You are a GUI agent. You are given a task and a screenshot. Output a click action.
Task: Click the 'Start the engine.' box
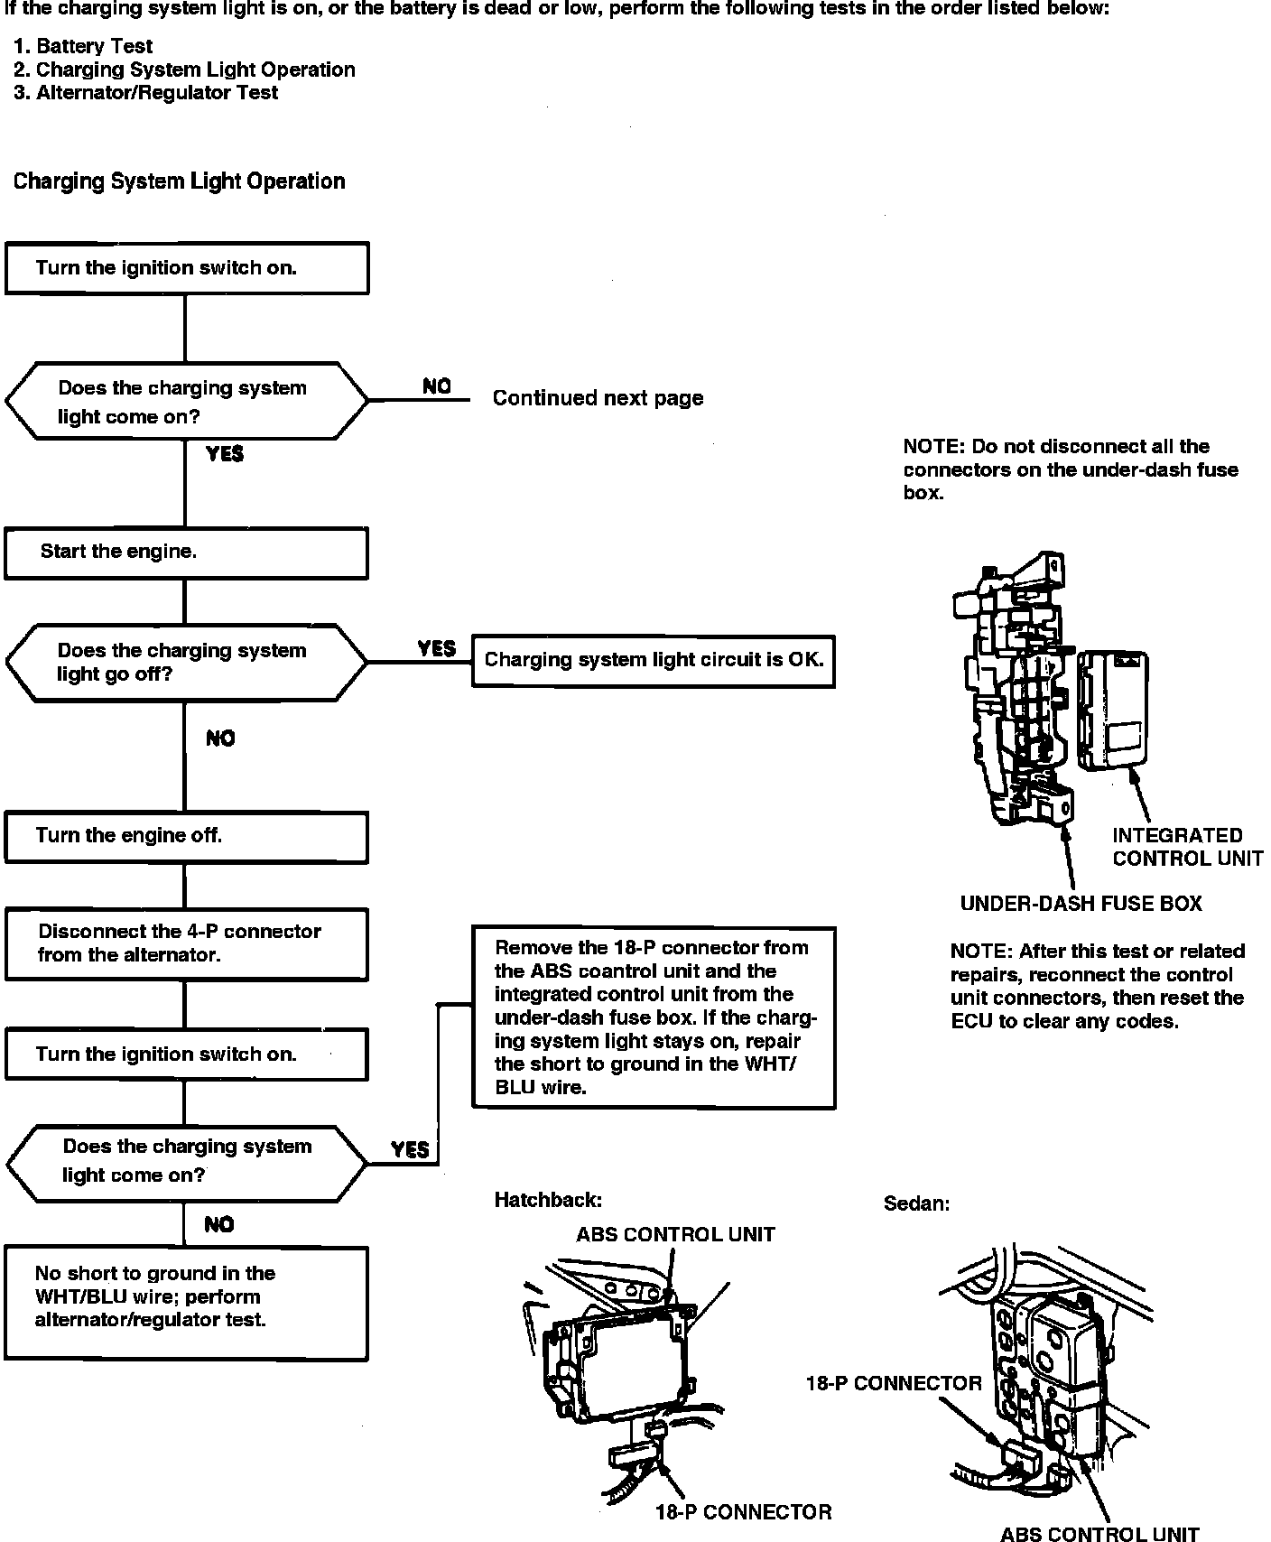[186, 553]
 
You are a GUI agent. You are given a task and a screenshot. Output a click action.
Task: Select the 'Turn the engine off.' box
[186, 836]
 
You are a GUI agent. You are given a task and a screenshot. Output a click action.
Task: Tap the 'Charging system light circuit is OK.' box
[654, 660]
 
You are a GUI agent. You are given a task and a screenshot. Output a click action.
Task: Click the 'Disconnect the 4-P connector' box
[186, 943]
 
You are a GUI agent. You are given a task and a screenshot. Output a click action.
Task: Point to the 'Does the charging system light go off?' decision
[186, 662]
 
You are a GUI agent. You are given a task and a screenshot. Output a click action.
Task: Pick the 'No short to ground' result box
[186, 1302]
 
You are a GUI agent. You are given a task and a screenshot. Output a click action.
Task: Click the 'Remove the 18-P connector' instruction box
[654, 1017]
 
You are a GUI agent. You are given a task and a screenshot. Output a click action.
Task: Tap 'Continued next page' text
[598, 398]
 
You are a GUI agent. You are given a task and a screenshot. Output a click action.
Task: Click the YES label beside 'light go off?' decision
[437, 648]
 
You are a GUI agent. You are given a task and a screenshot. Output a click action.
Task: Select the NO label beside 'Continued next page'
[437, 386]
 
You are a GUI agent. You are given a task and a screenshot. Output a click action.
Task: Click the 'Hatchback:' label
[547, 1200]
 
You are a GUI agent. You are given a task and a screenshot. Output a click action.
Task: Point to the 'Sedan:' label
[916, 1203]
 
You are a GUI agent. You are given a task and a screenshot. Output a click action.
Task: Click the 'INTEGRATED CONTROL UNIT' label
[1186, 847]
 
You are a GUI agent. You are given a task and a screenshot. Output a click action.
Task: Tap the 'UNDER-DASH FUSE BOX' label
[1081, 904]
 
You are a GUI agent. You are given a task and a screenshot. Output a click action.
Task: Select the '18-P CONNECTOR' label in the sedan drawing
[894, 1383]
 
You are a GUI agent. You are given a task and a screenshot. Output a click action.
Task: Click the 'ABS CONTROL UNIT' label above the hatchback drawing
[675, 1234]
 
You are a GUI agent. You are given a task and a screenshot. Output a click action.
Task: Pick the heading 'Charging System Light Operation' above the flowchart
[179, 181]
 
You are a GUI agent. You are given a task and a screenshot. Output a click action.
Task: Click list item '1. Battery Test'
[84, 46]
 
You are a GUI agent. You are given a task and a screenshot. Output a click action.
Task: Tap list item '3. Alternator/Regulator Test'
[146, 92]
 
